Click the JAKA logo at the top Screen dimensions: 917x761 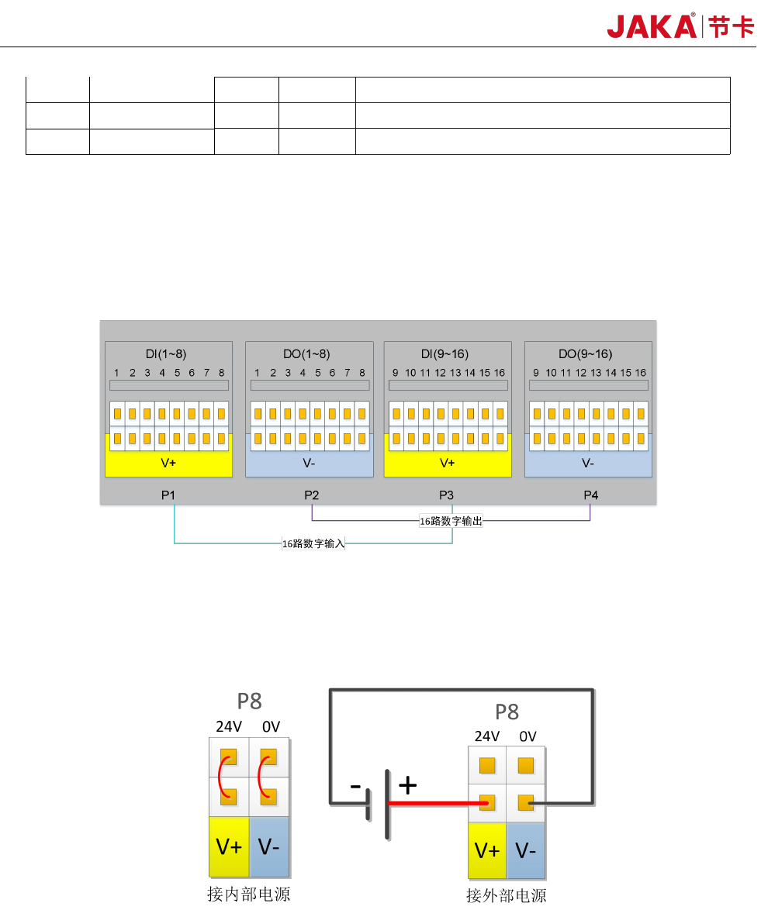click(680, 26)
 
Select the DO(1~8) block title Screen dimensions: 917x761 click(306, 354)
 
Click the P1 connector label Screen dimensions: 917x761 click(168, 495)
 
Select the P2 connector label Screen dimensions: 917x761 click(311, 495)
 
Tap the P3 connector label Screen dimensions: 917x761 click(446, 495)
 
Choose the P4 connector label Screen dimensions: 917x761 click(590, 495)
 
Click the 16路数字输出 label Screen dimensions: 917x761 click(451, 522)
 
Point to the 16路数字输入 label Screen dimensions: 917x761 click(313, 544)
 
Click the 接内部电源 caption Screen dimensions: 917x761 click(248, 894)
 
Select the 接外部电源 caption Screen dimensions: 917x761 click(506, 895)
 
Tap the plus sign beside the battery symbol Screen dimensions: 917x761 click(407, 786)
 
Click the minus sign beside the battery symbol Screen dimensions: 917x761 click(355, 786)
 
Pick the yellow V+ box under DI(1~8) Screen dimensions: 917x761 click(168, 464)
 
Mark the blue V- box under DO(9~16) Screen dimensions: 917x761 click(588, 464)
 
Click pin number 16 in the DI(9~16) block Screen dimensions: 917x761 click(500, 373)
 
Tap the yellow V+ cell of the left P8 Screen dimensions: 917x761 click(229, 846)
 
